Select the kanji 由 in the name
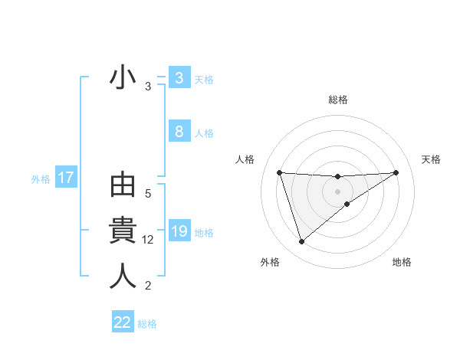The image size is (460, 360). [123, 186]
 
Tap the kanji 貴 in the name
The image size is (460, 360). [123, 231]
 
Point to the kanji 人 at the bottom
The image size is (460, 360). [123, 276]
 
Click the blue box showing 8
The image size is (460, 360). [179, 132]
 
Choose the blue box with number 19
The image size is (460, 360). [179, 231]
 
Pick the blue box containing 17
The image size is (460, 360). [65, 178]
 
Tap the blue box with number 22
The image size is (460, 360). [123, 322]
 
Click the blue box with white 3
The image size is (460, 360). [179, 78]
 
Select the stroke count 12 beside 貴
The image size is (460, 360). [149, 240]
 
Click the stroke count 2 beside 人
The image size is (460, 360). [148, 286]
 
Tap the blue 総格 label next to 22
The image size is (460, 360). [147, 324]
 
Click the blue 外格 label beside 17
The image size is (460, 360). [41, 179]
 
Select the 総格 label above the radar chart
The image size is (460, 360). [337, 100]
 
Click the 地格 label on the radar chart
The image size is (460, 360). [402, 262]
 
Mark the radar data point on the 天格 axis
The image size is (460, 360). [396, 172]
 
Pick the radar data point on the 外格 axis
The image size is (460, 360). [301, 242]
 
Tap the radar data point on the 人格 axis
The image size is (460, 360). [279, 172]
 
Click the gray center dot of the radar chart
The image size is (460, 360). [337, 191]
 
